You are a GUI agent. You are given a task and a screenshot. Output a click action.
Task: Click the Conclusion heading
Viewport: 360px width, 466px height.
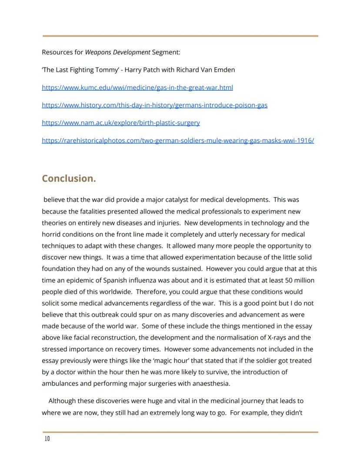tap(69, 178)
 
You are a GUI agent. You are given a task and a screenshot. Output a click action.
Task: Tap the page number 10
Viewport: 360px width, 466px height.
tap(47, 439)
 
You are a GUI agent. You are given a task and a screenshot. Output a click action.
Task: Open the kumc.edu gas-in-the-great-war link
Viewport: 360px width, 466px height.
tap(137, 87)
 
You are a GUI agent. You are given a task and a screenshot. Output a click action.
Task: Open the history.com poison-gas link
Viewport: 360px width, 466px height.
tap(154, 105)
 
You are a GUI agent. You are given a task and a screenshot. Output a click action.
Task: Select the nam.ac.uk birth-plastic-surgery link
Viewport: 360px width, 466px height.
tap(121, 123)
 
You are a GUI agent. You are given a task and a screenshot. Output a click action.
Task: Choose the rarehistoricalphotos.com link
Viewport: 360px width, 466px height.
tap(178, 140)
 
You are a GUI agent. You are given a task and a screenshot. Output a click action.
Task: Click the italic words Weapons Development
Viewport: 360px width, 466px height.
tap(117, 52)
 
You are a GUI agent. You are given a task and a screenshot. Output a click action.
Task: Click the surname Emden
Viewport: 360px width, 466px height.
tap(224, 70)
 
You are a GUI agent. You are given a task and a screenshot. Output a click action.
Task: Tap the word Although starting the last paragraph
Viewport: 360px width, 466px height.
tap(62, 401)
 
